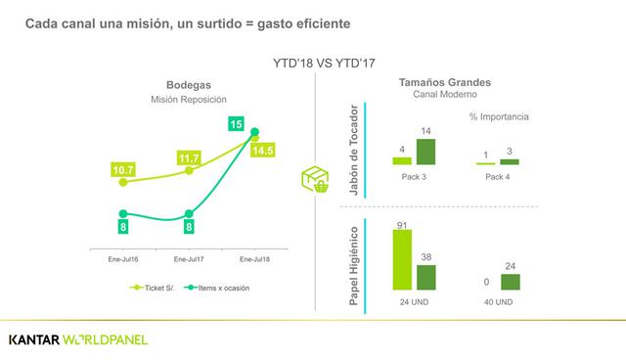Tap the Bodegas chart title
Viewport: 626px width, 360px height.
click(x=189, y=85)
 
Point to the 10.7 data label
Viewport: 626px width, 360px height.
click(x=122, y=170)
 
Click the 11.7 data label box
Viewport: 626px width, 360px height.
click(x=188, y=157)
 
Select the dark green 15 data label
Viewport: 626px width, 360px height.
click(x=237, y=123)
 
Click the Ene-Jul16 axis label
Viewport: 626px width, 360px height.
click(x=123, y=259)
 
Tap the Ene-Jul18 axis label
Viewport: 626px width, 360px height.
click(x=253, y=259)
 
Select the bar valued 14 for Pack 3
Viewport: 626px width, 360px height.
click(x=425, y=152)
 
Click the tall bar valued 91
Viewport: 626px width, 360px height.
click(x=401, y=260)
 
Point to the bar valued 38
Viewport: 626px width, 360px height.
click(x=425, y=277)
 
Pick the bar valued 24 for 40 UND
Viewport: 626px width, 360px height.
click(x=510, y=282)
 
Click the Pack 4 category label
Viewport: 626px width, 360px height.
click(x=498, y=177)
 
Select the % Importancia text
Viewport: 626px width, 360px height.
click(x=499, y=116)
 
